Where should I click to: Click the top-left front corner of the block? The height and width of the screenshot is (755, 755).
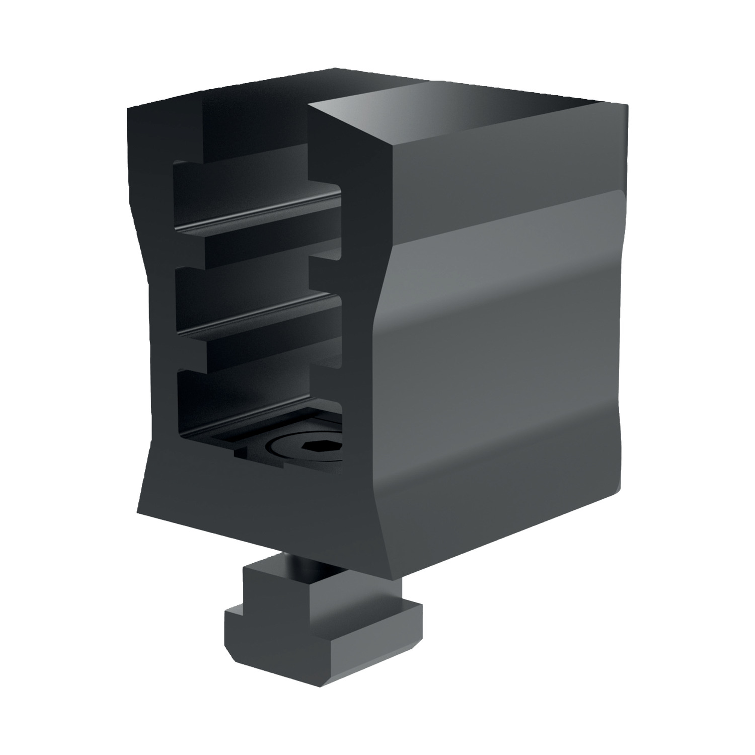pos(129,108)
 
